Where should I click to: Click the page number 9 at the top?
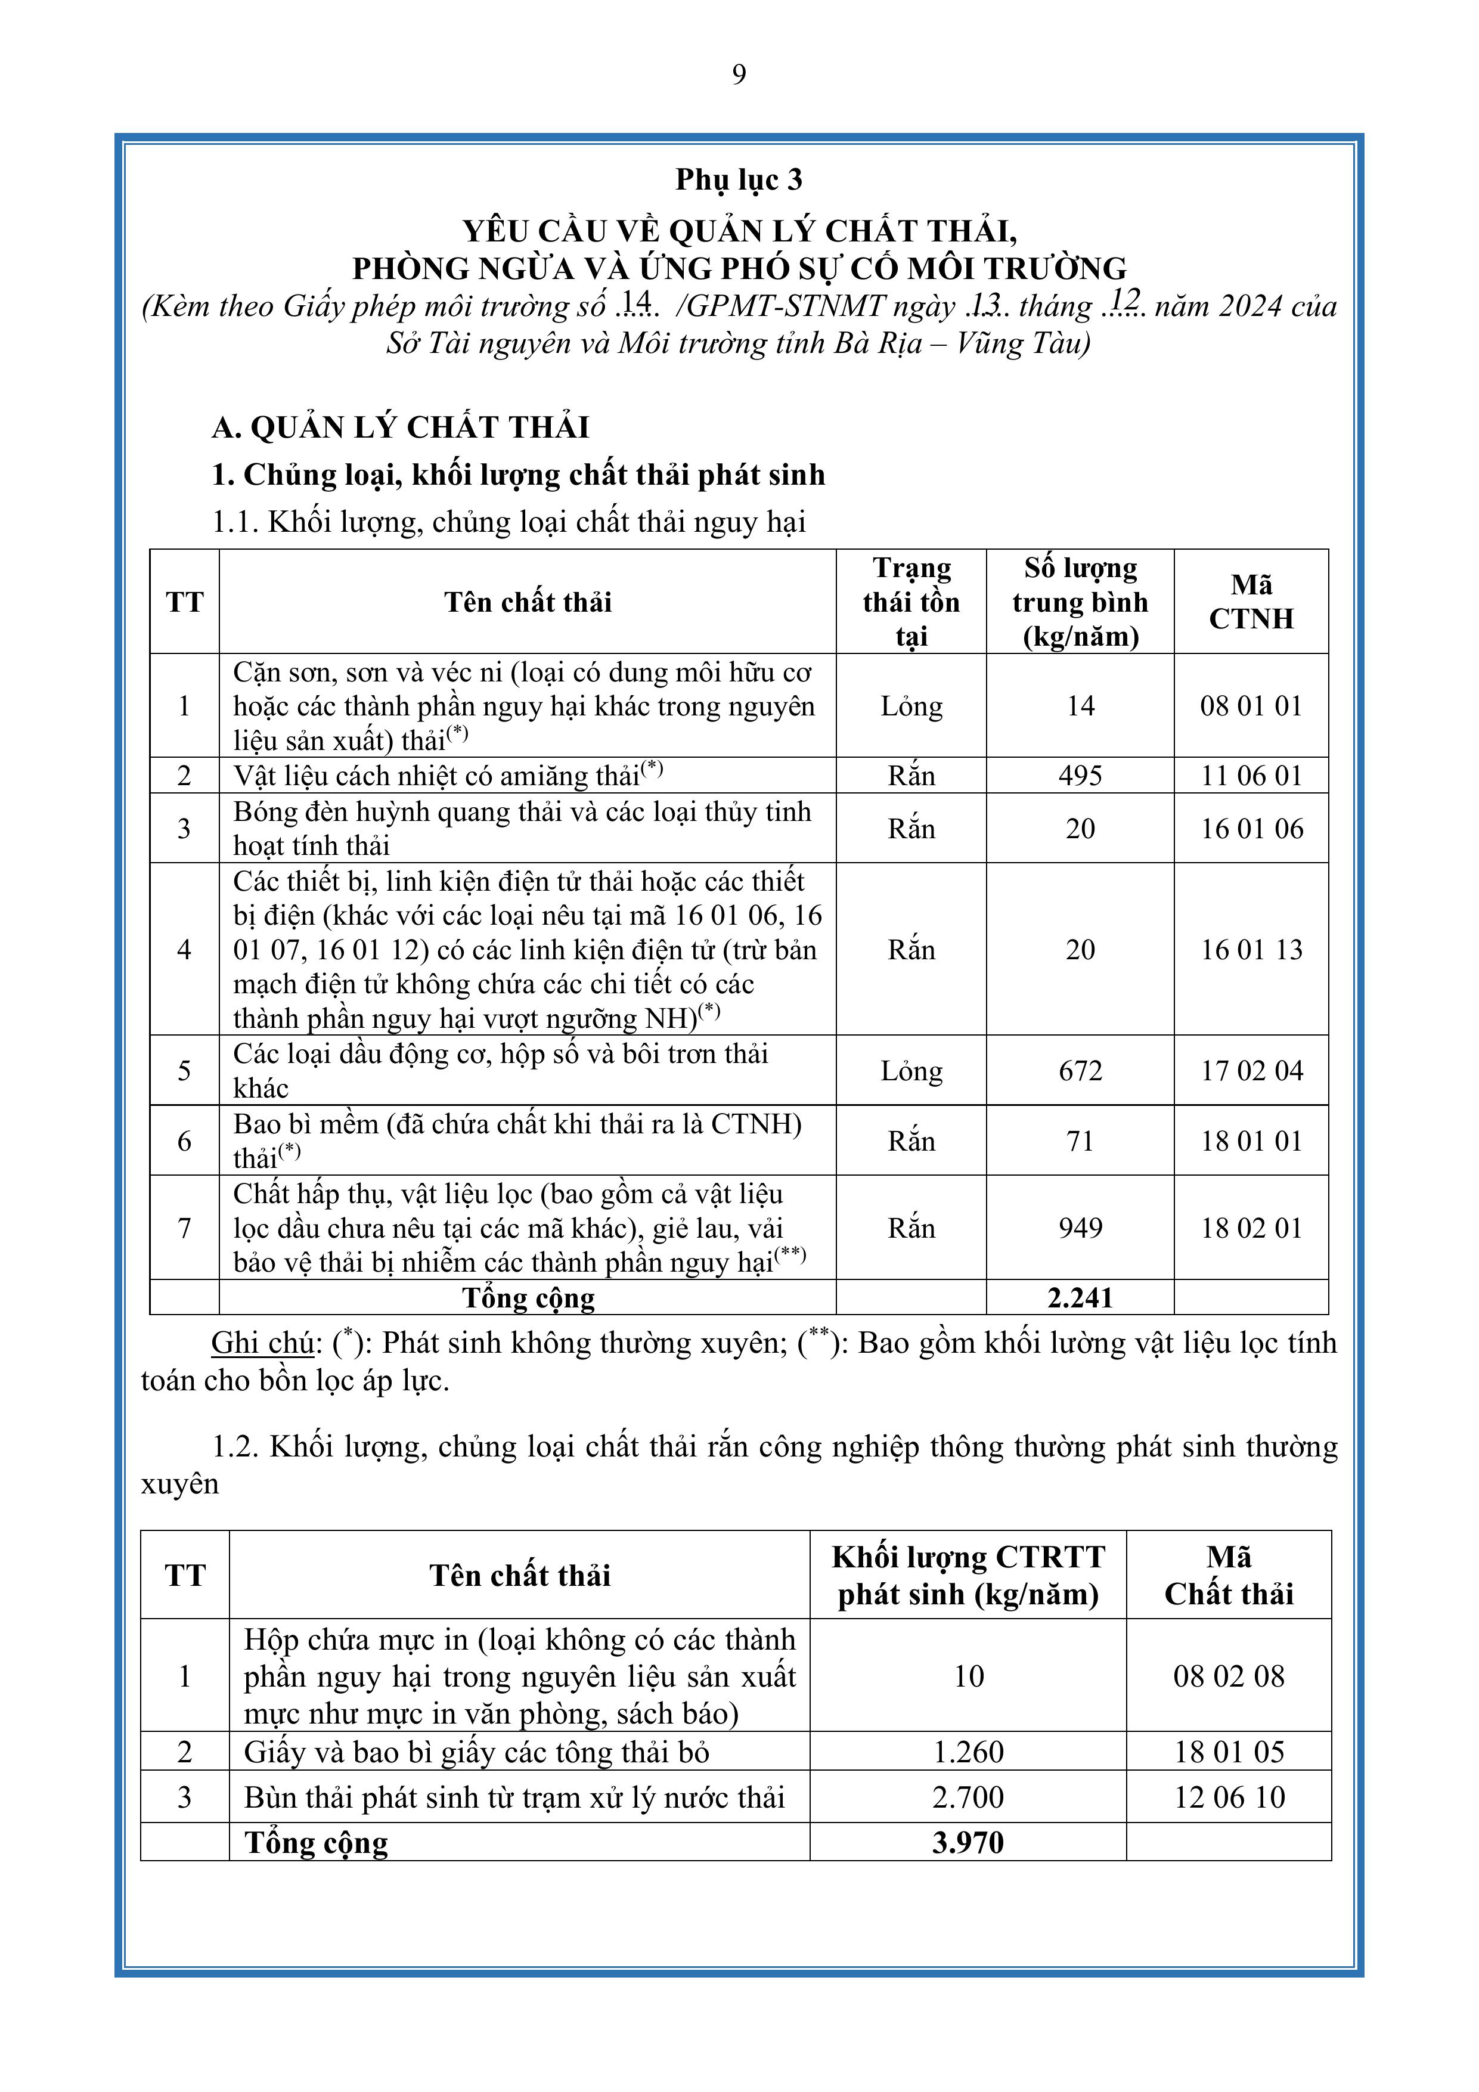(739, 75)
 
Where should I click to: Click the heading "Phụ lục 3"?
(739, 179)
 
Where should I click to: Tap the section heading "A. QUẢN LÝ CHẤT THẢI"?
(401, 427)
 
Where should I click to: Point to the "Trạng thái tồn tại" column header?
(911, 602)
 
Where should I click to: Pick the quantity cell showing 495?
(1080, 776)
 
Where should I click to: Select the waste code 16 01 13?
(1251, 949)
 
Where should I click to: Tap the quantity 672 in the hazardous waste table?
(1080, 1071)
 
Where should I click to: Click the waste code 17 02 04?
(1251, 1071)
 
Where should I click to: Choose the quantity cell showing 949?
(1080, 1228)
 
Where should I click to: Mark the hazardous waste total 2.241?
(1080, 1297)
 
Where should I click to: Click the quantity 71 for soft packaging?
(1080, 1140)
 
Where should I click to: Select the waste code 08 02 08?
(1229, 1676)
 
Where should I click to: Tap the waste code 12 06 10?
(1229, 1797)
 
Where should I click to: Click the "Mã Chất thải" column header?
(1229, 1575)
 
